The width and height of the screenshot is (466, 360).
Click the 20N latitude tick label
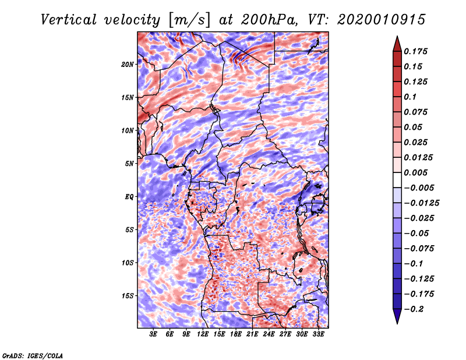coord(128,64)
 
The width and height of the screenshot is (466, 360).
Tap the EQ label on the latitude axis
coord(129,197)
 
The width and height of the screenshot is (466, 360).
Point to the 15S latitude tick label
coord(128,296)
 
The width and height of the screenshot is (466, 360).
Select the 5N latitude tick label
coord(129,164)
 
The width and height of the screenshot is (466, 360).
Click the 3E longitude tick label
coord(154,334)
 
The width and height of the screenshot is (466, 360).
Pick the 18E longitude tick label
coord(236,334)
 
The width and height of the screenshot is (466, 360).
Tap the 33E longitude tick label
coord(318,334)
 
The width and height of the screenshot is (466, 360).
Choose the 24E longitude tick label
coord(269,334)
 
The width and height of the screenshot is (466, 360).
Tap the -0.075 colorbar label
coord(421,248)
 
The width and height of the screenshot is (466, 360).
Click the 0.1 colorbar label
coord(410,97)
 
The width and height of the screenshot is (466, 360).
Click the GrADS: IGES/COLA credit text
coord(32,355)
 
